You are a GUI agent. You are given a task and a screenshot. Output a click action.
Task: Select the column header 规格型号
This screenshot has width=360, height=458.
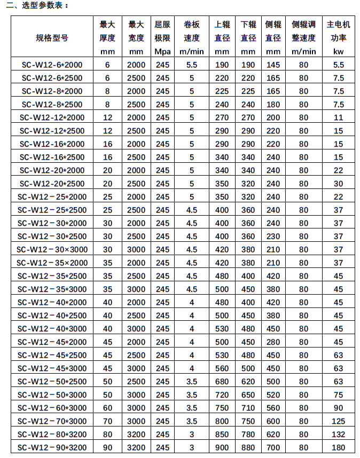pos(52,38)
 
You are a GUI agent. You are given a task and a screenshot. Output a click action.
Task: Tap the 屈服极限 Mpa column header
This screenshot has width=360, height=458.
pos(162,38)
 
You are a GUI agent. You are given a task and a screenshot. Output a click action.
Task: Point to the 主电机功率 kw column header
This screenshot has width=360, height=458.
pos(338,38)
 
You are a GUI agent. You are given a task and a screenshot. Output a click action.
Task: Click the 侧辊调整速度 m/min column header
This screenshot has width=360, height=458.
pos(303,38)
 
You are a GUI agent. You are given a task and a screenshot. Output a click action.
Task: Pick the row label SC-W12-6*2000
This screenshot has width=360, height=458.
pos(52,65)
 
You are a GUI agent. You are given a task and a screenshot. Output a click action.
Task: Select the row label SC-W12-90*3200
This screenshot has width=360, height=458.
pos(52,447)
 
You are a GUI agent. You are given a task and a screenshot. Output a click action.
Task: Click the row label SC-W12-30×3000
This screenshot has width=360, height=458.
pos(52,249)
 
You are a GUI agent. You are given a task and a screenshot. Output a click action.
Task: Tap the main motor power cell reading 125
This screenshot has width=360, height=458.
pos(338,421)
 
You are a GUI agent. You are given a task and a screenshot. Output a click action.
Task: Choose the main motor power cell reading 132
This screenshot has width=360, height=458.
pos(338,435)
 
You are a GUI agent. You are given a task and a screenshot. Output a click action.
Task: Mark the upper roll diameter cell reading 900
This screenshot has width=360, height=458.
pos(222,447)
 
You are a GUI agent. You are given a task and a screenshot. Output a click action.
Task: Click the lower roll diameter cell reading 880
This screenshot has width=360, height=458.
pos(248,447)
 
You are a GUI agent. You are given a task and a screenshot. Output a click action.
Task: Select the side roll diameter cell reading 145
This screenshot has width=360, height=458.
pos(273,65)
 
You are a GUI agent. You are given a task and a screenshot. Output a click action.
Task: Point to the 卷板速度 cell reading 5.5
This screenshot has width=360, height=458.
pos(192,65)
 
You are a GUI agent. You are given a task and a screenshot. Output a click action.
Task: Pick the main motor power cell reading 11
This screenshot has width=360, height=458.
pos(338,117)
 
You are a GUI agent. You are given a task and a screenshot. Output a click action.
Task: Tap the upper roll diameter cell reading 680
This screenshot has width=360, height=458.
pos(222,382)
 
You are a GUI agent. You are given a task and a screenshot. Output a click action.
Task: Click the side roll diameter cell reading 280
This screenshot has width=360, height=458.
pos(273,342)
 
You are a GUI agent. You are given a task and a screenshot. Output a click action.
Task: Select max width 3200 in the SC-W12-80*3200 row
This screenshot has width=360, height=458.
pos(136,435)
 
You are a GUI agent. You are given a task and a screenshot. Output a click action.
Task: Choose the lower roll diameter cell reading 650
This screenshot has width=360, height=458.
pos(248,395)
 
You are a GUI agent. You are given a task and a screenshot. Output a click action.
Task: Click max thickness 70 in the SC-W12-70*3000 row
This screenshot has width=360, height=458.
pos(107,421)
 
